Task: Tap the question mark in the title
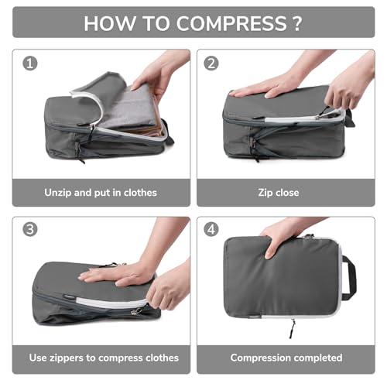pyautogui.click(x=296, y=22)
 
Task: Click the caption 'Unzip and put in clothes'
pyautogui.click(x=101, y=192)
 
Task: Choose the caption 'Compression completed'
pyautogui.click(x=286, y=358)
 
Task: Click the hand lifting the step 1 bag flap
pyautogui.click(x=159, y=74)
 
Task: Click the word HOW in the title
pyautogui.click(x=110, y=22)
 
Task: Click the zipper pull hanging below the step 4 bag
pyautogui.click(x=293, y=328)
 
